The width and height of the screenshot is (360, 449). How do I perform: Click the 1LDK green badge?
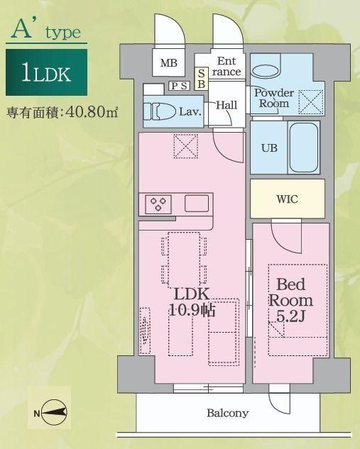(x=46, y=73)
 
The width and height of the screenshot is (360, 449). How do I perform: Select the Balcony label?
(x=227, y=413)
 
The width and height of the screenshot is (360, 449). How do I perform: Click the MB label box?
(x=168, y=63)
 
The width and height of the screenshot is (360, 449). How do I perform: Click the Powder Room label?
(x=273, y=98)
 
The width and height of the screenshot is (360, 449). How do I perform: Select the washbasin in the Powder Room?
(x=266, y=72)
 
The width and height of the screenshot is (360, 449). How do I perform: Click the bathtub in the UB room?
(x=303, y=146)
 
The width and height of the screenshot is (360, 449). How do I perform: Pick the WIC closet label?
(x=287, y=199)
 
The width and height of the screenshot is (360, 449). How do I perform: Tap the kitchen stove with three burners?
(x=158, y=204)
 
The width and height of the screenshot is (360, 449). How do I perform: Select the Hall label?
(x=227, y=105)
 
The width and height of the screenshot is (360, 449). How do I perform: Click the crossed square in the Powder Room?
(x=310, y=102)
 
